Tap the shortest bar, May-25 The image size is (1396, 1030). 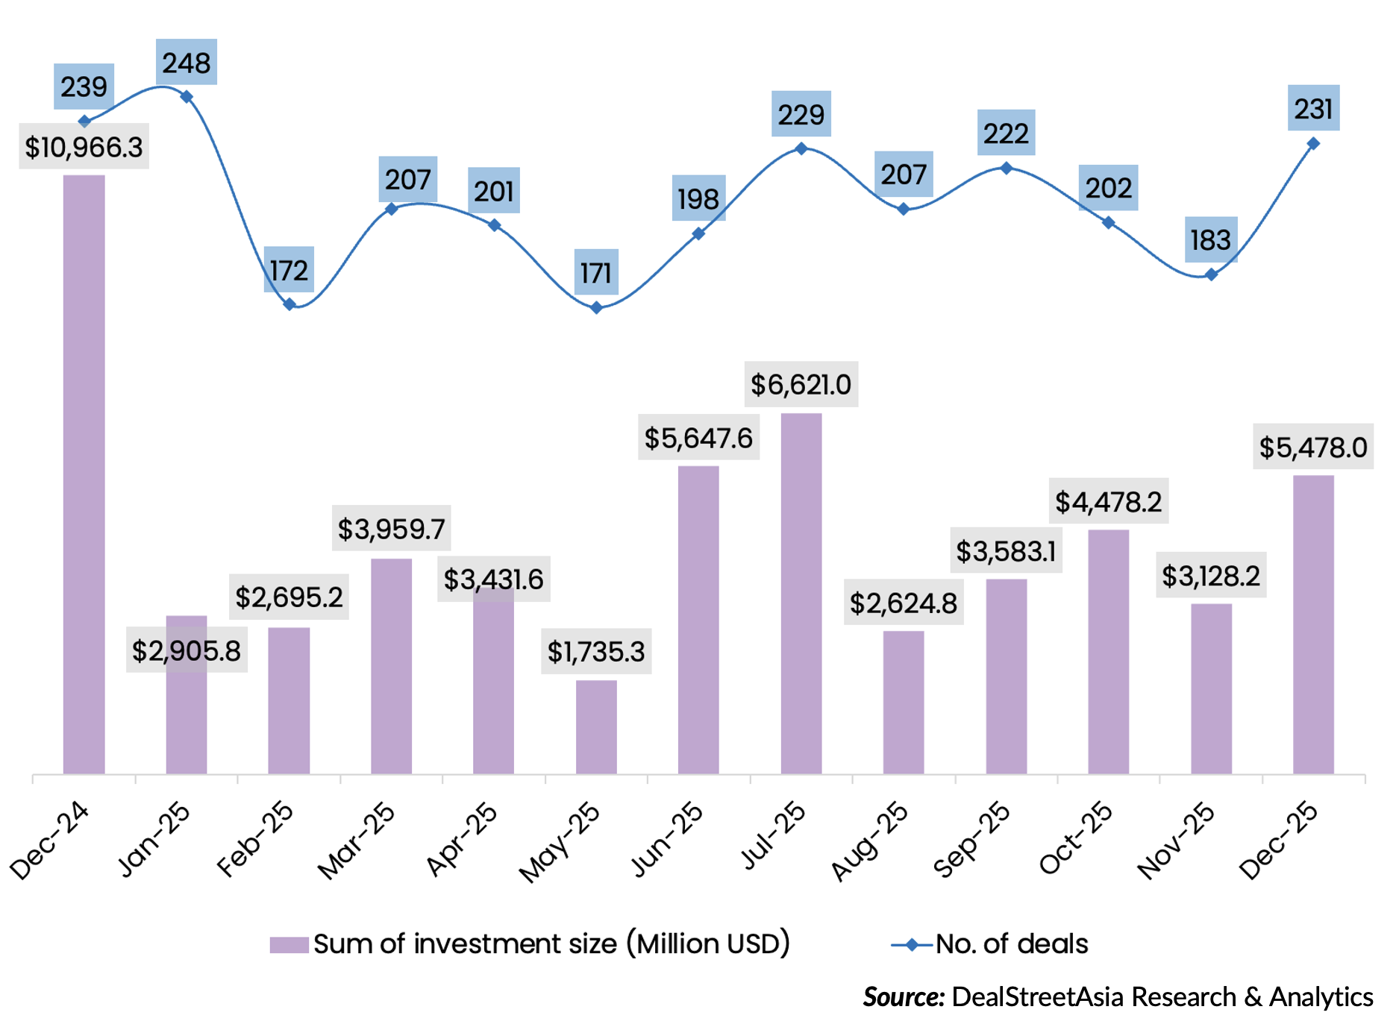point(596,726)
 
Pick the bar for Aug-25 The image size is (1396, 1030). point(904,702)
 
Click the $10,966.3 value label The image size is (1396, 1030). point(84,147)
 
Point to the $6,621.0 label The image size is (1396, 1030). point(801,385)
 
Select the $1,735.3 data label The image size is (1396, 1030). point(596,652)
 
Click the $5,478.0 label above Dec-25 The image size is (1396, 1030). point(1312,448)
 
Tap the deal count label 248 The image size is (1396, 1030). point(187,63)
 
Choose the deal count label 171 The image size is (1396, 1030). point(596,273)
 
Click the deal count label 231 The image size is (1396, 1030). point(1313,109)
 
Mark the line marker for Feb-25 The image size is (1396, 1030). point(289,304)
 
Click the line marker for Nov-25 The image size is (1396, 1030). point(1211,275)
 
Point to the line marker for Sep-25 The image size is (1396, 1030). point(1007,169)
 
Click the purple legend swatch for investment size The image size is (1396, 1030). point(289,945)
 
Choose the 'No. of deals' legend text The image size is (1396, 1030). point(1011,944)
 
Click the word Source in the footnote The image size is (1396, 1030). point(904,997)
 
